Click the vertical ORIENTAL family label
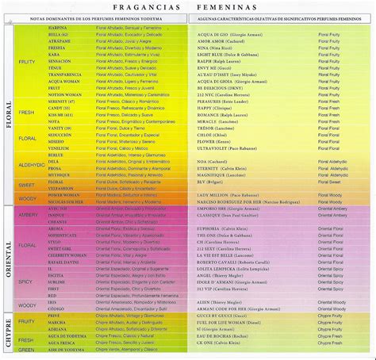[7, 259]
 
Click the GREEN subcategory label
[27, 349]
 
